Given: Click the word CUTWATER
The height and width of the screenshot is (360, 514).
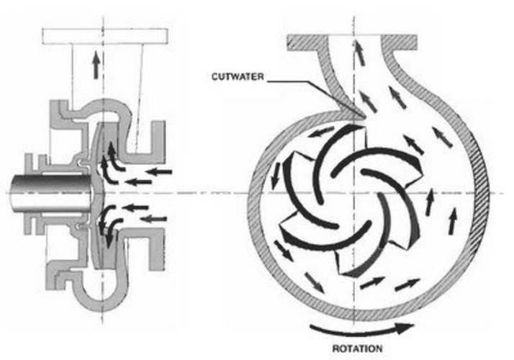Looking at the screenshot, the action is (238, 77).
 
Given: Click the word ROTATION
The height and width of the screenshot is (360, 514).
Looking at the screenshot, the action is (357, 348).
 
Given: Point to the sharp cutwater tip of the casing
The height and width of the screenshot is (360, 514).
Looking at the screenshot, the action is (364, 117).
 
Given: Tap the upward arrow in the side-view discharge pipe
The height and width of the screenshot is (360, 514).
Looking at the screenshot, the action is (96, 65).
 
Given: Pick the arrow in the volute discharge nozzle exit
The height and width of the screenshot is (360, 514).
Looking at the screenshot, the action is (360, 52).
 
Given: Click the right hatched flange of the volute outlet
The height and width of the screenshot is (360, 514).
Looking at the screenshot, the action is (400, 42).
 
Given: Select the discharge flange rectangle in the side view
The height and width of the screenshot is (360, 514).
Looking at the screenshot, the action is (105, 37).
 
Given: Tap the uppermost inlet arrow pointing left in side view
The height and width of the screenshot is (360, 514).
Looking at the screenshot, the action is (158, 171).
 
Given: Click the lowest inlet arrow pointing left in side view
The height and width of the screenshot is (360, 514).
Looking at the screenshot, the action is (154, 219).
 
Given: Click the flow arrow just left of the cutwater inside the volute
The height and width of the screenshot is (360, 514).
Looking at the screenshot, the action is (318, 132).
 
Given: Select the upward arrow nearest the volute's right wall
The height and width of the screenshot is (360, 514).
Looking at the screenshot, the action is (452, 220).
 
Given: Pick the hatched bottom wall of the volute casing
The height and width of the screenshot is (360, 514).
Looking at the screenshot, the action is (354, 315).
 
